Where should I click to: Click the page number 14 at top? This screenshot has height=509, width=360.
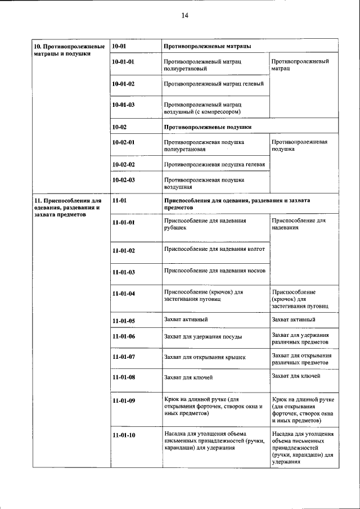[x=184, y=16]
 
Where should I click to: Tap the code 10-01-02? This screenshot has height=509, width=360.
[x=123, y=84]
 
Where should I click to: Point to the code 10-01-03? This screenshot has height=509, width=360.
[x=123, y=105]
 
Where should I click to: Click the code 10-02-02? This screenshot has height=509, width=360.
[x=123, y=164]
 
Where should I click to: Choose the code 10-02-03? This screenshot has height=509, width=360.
[x=123, y=180]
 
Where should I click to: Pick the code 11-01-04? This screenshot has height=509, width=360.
[x=123, y=294]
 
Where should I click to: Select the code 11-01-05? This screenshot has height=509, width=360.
[x=123, y=321]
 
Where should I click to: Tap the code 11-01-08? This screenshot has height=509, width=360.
[x=123, y=377]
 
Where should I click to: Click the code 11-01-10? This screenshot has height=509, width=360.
[x=123, y=435]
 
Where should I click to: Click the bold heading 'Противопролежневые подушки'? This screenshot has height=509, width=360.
[x=207, y=127]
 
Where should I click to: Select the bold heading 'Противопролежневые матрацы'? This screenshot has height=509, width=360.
[x=206, y=45]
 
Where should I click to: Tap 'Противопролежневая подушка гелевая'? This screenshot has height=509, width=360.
[x=214, y=164]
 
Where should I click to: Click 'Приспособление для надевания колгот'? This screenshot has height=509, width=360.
[x=214, y=248]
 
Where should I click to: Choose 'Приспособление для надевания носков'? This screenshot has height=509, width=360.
[x=214, y=271]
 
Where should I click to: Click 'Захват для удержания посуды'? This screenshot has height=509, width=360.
[x=202, y=337]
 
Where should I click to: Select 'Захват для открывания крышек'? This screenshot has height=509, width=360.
[x=204, y=357]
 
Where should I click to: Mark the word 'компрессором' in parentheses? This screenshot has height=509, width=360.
[x=228, y=111]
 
